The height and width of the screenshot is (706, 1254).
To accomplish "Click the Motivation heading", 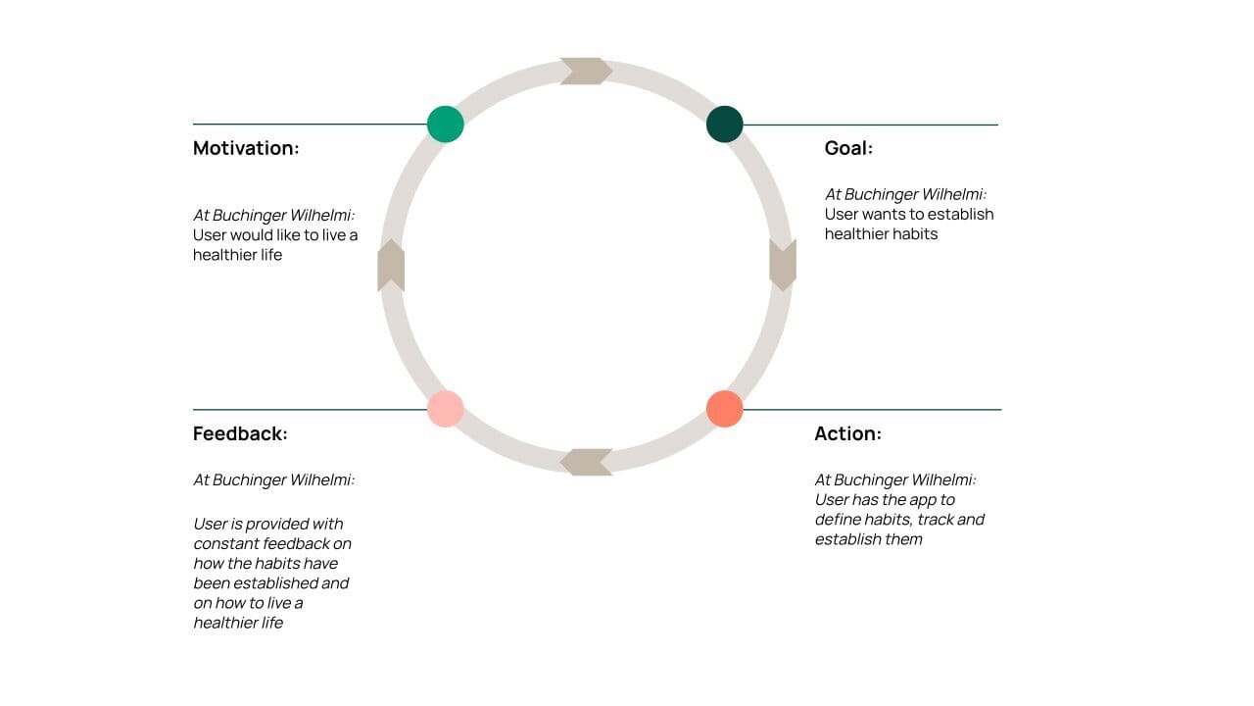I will [x=246, y=148].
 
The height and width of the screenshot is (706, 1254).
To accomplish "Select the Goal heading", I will [x=848, y=148].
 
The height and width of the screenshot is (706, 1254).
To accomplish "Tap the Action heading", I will [x=847, y=433].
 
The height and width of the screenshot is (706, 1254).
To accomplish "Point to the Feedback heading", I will [x=240, y=433].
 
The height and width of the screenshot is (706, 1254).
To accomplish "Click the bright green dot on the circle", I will [x=446, y=125].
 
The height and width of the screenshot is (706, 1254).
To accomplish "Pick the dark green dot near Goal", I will [x=725, y=125].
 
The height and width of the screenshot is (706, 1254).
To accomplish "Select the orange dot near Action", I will [x=725, y=409].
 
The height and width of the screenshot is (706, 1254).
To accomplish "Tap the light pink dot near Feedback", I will [x=446, y=409].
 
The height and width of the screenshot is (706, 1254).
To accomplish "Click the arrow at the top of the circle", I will [x=586, y=72].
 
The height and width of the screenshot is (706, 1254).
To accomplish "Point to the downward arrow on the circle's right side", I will [x=783, y=265].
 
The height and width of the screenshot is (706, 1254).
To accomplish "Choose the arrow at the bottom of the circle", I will [x=586, y=462].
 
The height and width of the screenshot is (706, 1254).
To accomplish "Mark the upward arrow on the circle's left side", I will [x=391, y=265].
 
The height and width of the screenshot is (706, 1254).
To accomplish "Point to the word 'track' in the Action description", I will [x=936, y=520].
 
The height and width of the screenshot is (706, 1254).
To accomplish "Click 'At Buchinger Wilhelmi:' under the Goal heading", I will [x=905, y=194].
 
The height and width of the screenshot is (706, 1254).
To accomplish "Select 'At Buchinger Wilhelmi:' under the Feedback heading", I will [x=273, y=479].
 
